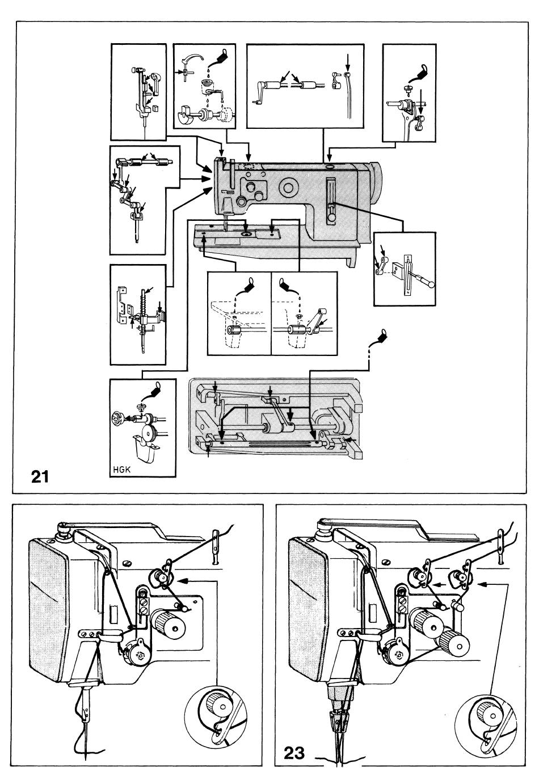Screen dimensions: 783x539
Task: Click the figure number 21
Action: (40, 476)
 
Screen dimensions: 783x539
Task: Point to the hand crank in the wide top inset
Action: (258, 93)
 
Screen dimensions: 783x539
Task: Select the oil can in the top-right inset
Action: (420, 71)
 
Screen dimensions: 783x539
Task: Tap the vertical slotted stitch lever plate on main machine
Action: (331, 202)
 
